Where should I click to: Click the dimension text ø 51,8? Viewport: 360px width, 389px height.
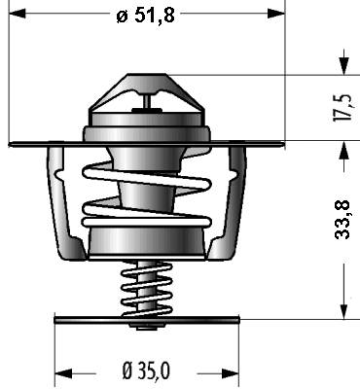click(x=146, y=15)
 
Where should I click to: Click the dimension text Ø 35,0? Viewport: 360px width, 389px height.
click(x=146, y=371)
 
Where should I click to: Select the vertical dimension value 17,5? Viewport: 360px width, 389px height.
click(x=342, y=108)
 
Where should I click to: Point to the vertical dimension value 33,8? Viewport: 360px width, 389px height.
click(x=342, y=220)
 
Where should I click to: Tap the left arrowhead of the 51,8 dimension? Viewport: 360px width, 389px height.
click(x=18, y=14)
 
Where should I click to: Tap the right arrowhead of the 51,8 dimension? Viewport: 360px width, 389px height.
click(x=276, y=14)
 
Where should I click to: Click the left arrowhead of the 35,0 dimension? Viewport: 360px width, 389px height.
click(x=63, y=373)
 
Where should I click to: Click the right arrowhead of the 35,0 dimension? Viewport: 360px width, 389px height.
click(x=231, y=373)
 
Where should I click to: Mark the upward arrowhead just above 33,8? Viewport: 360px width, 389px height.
click(x=344, y=150)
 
